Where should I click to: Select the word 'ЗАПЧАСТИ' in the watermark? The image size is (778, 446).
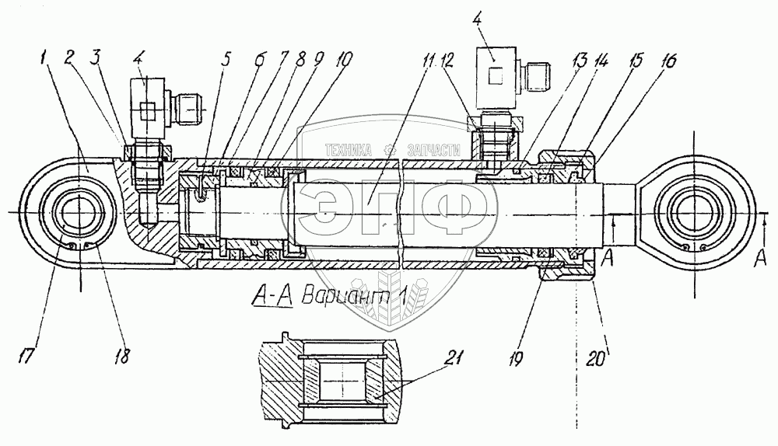point(427,150)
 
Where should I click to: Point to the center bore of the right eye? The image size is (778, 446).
point(695,211)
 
